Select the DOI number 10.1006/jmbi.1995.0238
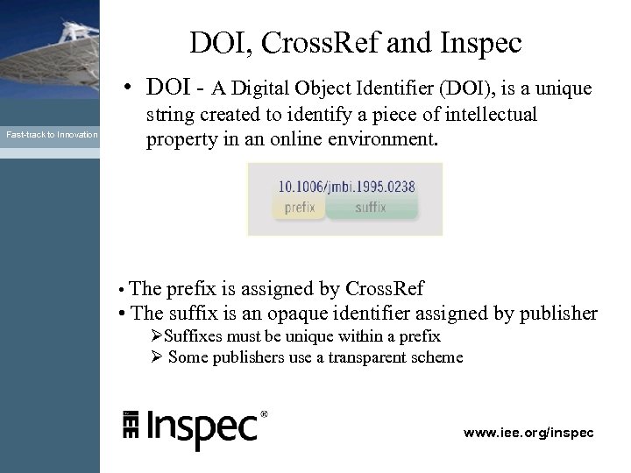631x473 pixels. click(x=346, y=186)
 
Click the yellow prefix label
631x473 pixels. click(x=300, y=208)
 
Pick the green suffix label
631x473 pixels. click(x=371, y=208)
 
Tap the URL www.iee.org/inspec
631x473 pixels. click(x=528, y=433)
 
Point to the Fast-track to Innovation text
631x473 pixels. click(x=52, y=134)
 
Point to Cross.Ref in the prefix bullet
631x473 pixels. click(x=385, y=289)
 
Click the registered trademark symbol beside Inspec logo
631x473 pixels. click(x=265, y=413)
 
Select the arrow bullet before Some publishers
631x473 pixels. click(x=156, y=357)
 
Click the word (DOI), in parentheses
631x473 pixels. click(x=464, y=89)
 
